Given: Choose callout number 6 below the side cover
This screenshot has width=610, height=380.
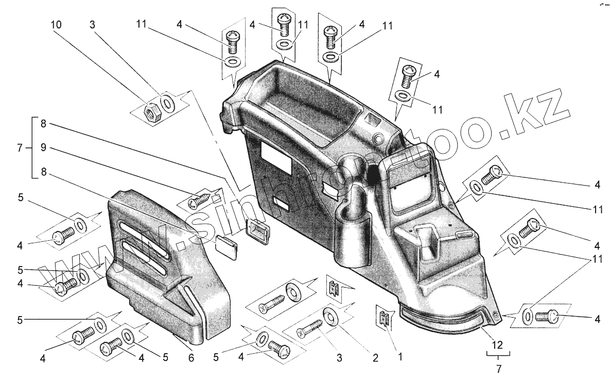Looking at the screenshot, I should point(190,356).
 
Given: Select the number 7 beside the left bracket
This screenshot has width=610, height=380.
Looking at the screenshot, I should point(19,148).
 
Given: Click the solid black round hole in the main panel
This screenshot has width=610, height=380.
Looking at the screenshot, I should point(373,174).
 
